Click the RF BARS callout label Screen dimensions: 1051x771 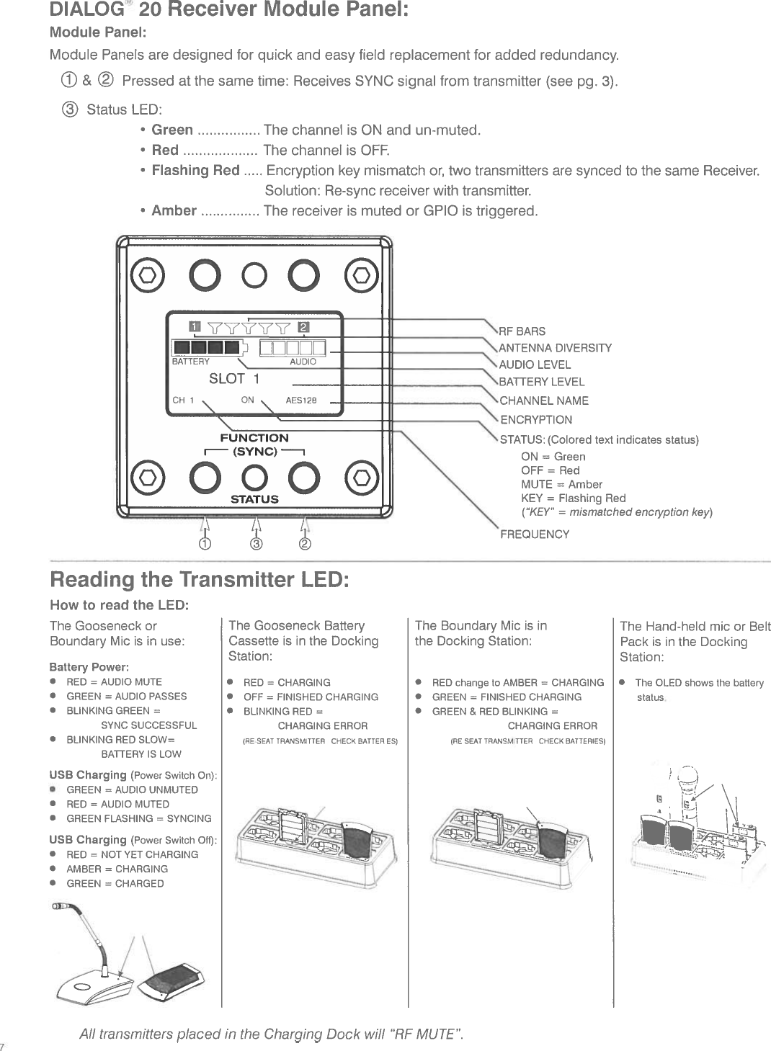click(x=522, y=331)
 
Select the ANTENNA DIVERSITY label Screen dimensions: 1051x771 click(x=555, y=348)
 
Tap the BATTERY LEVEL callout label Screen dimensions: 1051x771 click(x=541, y=382)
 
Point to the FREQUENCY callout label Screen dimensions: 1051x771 click(x=535, y=535)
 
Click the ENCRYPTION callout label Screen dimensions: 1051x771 click(x=536, y=420)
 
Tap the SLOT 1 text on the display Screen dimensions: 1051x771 click(x=233, y=379)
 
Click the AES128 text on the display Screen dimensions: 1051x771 click(x=301, y=401)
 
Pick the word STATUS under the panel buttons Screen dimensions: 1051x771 click(x=254, y=499)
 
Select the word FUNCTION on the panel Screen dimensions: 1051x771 click(x=254, y=438)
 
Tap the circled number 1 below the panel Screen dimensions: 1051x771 click(x=205, y=543)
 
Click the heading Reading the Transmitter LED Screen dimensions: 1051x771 click(x=200, y=580)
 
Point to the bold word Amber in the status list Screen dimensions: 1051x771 click(x=174, y=210)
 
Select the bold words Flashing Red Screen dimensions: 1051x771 click(x=195, y=170)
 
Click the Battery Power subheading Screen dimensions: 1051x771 click(x=89, y=667)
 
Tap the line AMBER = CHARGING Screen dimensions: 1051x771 click(x=117, y=869)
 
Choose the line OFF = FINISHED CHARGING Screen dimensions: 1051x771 click(x=311, y=697)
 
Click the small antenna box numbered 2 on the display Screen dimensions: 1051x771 click(x=303, y=328)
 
